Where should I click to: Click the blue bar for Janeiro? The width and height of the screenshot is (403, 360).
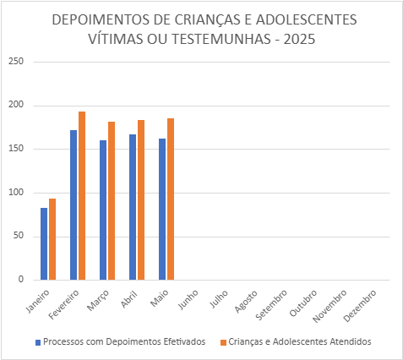tap(44, 243)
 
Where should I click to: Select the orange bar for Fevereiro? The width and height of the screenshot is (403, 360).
tap(82, 196)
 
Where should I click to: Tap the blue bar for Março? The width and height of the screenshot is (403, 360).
tap(103, 210)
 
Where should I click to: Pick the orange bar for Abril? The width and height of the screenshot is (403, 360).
tap(141, 200)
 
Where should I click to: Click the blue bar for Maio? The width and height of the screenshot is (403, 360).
tap(162, 209)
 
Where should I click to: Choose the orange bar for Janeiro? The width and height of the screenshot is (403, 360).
tap(52, 239)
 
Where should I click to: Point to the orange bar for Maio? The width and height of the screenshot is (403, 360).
tap(171, 199)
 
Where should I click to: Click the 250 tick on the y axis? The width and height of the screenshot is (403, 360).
tap(16, 61)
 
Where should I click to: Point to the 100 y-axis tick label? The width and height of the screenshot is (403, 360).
tap(16, 193)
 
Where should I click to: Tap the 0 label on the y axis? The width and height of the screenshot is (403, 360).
tap(21, 279)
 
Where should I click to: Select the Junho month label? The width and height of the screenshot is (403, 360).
tap(188, 299)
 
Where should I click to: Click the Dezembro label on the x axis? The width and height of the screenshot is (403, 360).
tap(360, 306)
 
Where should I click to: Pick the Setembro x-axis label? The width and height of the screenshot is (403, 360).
tap(271, 305)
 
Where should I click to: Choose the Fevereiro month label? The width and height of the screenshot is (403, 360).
tap(63, 304)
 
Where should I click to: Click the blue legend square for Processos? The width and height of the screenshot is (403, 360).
tap(38, 342)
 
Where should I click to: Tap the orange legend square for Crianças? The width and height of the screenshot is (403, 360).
tap(224, 342)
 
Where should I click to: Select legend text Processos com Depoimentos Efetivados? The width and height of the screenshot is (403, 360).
tap(124, 341)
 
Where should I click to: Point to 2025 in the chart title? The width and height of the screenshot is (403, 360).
tap(299, 39)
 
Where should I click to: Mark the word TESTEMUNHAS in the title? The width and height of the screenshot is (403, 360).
tap(221, 39)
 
